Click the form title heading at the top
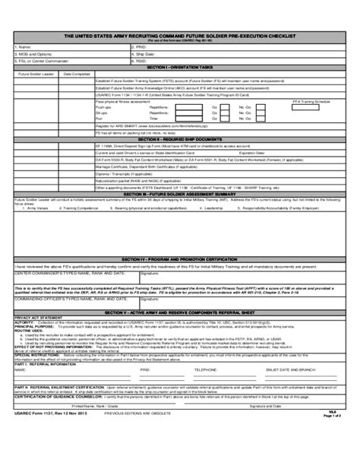click(x=179, y=36)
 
